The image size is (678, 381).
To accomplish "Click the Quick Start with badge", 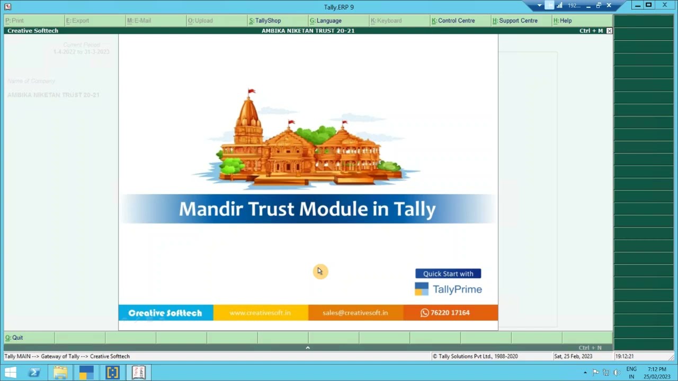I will point(448,274).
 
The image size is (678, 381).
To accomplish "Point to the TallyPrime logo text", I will point(457,289).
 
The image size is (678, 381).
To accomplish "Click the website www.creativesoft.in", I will point(260,313).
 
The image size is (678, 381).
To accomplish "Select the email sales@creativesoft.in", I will point(355,313).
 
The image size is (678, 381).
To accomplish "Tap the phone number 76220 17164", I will point(450,313).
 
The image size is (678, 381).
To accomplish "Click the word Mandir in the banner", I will point(211,209).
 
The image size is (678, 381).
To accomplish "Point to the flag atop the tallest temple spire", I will point(251,92).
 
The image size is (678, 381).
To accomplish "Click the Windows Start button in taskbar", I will point(10,373).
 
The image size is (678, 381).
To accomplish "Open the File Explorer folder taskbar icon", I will point(60,373).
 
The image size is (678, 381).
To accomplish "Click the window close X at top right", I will point(665,5).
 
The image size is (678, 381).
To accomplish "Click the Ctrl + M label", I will point(591,31).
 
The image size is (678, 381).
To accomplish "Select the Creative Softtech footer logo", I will point(165,313).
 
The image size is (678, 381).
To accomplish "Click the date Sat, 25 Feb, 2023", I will point(573,357).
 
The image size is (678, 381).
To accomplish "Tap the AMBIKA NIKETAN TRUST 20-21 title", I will point(308,31).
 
